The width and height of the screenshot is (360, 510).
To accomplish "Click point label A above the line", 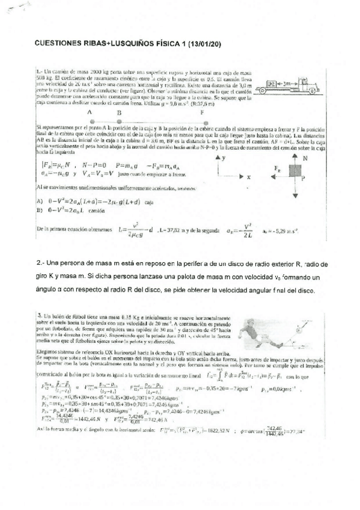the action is pos(90,112).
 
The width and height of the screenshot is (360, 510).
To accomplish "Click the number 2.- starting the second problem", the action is pos(40,264).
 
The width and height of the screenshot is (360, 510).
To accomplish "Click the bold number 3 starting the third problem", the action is pos(38,315).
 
